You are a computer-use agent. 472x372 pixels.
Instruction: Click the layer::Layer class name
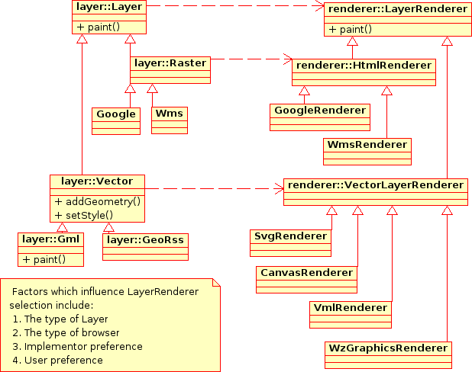pos(109,7)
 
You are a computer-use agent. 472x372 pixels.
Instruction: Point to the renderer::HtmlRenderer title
pos(364,66)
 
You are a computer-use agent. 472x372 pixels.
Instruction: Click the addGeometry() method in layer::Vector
pos(98,201)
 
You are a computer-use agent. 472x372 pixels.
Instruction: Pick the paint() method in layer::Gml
pos(44,259)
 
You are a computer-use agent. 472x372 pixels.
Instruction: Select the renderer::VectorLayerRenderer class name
pos(374,185)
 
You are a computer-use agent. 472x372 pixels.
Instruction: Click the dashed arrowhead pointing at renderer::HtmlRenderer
pos(288,58)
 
